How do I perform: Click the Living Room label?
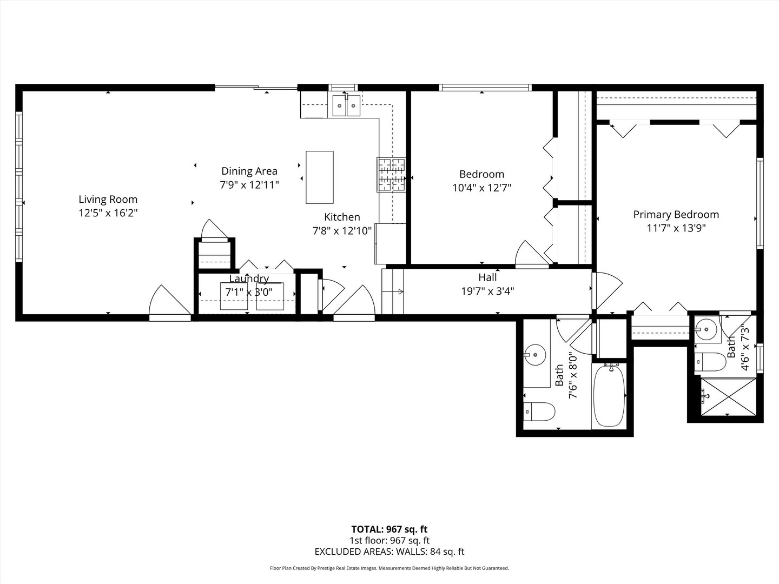pyautogui.click(x=108, y=200)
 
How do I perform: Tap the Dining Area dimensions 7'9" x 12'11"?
pyautogui.click(x=249, y=185)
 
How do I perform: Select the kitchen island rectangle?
pyautogui.click(x=319, y=177)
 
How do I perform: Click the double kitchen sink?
pyautogui.click(x=346, y=105)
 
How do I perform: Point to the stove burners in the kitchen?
pyautogui.click(x=391, y=175)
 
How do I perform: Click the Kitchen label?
pyautogui.click(x=342, y=217)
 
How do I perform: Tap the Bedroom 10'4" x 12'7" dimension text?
pyautogui.click(x=481, y=188)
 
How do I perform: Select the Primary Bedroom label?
pyautogui.click(x=676, y=215)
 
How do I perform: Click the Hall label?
pyautogui.click(x=487, y=277)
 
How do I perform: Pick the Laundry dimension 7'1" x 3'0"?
pyautogui.click(x=249, y=292)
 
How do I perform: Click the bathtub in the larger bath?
pyautogui.click(x=609, y=396)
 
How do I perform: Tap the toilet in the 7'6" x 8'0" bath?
pyautogui.click(x=539, y=412)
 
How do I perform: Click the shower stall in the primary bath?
pyautogui.click(x=728, y=396)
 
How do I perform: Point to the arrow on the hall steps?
pyautogui.click(x=393, y=292)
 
